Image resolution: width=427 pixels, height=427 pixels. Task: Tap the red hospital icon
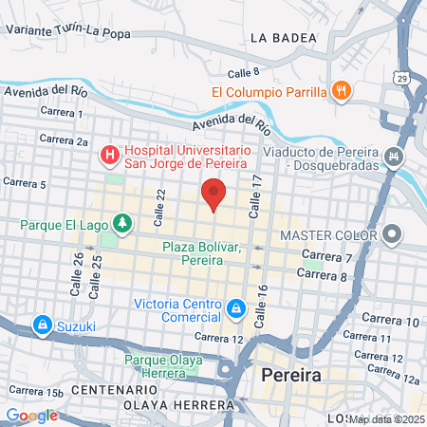pyautogui.click(x=110, y=153)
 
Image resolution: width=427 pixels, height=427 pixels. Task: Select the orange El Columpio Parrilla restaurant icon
pyautogui.click(x=343, y=92)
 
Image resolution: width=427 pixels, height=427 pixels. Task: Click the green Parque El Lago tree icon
pyautogui.click(x=121, y=224)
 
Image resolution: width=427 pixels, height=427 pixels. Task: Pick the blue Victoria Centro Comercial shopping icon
pyautogui.click(x=235, y=307)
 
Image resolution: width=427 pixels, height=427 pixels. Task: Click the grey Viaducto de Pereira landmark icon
pyautogui.click(x=396, y=155)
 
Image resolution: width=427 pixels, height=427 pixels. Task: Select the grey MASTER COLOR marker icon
pyautogui.click(x=394, y=232)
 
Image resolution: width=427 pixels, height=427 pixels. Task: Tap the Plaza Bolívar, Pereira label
pyautogui.click(x=200, y=252)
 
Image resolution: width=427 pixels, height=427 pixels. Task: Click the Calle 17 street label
pyautogui.click(x=255, y=197)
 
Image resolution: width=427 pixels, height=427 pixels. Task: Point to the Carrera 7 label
pyautogui.click(x=327, y=256)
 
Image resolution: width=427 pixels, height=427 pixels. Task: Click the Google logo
pyautogui.click(x=31, y=416)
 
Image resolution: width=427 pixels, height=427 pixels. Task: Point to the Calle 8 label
pyautogui.click(x=244, y=72)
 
